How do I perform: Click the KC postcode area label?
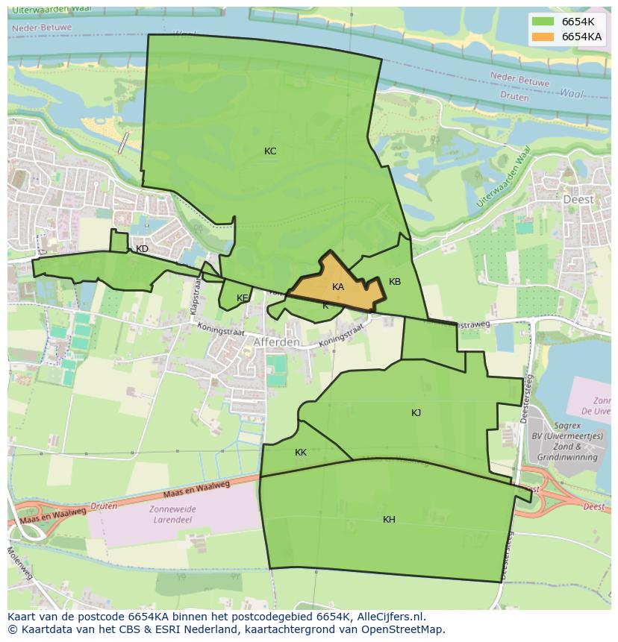pyautogui.click(x=270, y=151)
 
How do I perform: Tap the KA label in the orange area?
pyautogui.click(x=338, y=287)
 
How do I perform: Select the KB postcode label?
pyautogui.click(x=395, y=282)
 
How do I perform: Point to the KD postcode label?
pyautogui.click(x=142, y=249)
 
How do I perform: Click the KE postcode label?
pyautogui.click(x=242, y=298)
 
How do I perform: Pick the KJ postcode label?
pyautogui.click(x=416, y=413)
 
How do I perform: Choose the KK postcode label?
pyautogui.click(x=301, y=453)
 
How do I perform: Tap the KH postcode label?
pyautogui.click(x=389, y=520)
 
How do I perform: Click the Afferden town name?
pyautogui.click(x=276, y=342)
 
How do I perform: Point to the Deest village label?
pyautogui.click(x=578, y=200)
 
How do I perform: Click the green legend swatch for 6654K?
pyautogui.click(x=543, y=22)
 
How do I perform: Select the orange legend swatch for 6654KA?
pyautogui.click(x=543, y=37)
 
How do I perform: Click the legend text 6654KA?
pyautogui.click(x=581, y=37)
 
